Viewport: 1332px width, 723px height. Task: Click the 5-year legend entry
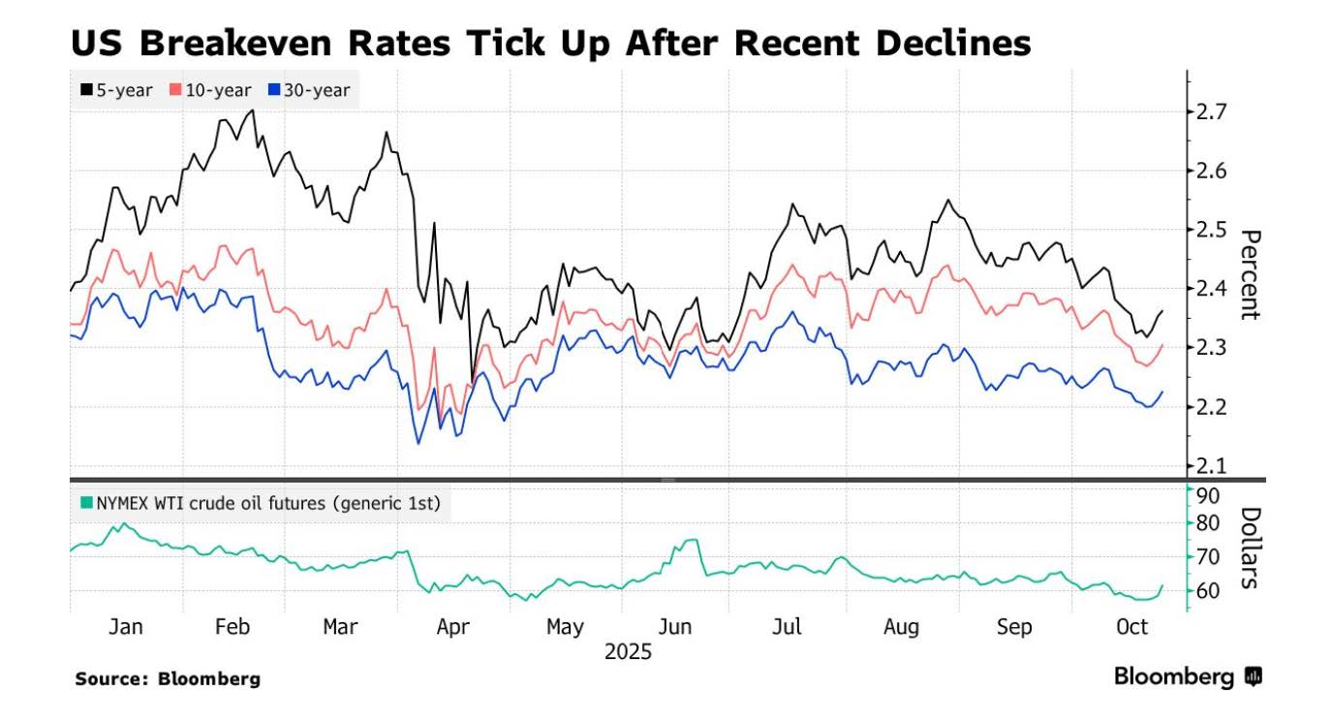coord(116,90)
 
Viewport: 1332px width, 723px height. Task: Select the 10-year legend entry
coord(210,90)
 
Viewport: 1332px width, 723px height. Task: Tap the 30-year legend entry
coord(310,90)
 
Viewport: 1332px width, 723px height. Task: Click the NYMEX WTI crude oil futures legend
coord(261,503)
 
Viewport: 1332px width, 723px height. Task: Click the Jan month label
coord(125,627)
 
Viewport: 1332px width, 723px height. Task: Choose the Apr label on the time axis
coord(452,627)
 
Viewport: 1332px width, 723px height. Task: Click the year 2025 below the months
coord(628,652)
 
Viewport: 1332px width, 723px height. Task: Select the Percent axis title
coord(1251,274)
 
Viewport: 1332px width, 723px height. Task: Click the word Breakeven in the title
coord(259,43)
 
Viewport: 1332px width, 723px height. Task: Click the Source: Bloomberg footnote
coord(168,678)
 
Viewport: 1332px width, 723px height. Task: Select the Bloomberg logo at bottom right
coord(1188,676)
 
